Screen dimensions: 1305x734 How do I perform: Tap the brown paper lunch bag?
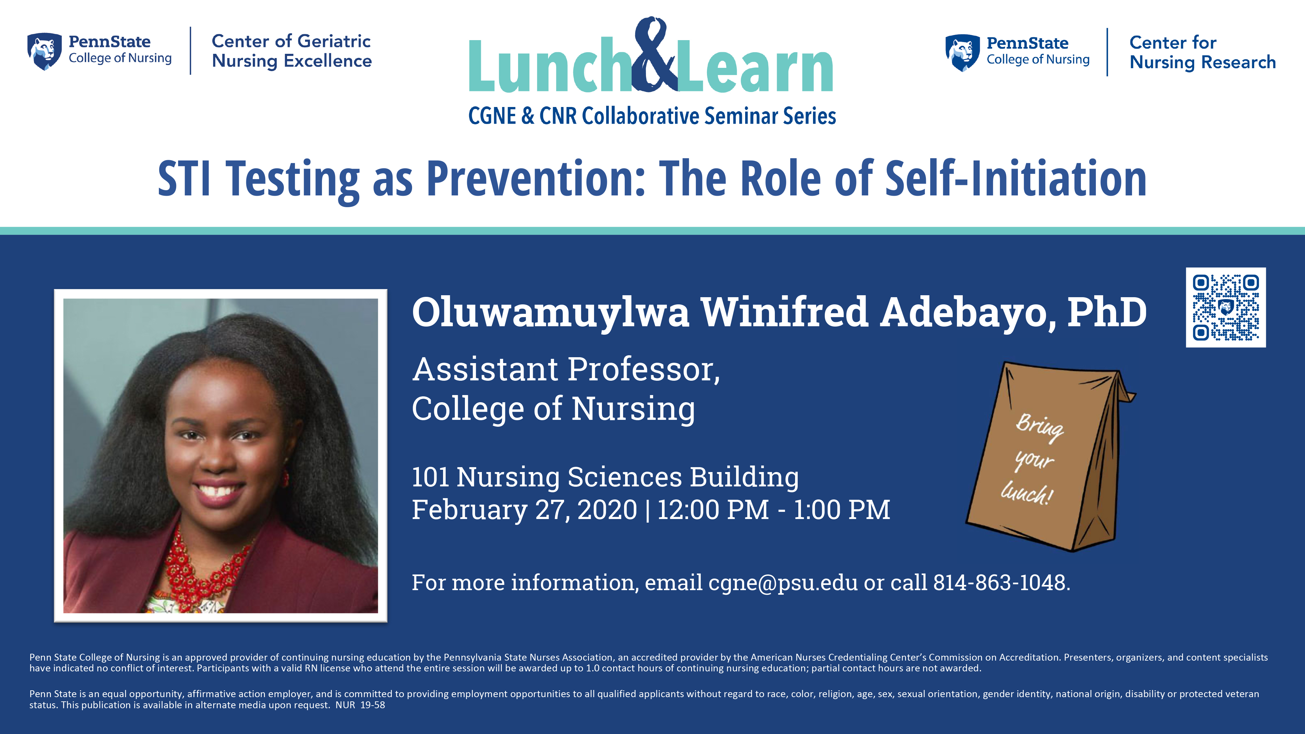pos(1051,456)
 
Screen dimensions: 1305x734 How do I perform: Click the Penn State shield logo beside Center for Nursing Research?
pos(962,53)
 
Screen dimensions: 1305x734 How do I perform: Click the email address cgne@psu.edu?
pos(783,583)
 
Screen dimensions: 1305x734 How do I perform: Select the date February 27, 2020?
pos(524,510)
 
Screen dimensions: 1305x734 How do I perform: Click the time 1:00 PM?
pos(841,510)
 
